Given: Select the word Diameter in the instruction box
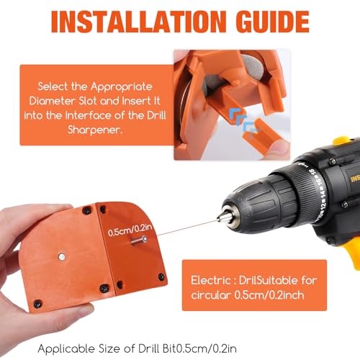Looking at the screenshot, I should [60, 100].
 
